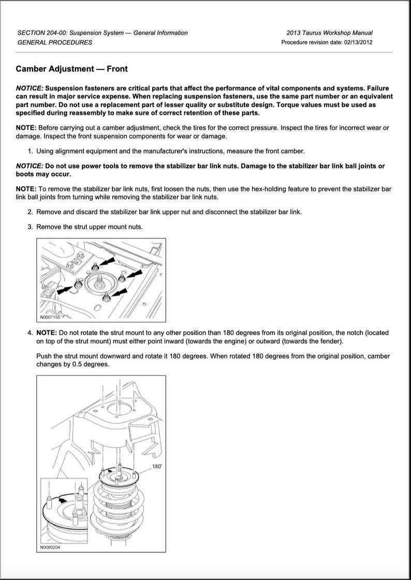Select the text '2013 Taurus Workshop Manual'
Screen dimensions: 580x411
tap(333, 33)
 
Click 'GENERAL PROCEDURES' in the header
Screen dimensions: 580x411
tap(55, 42)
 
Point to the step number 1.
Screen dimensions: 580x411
tap(30, 151)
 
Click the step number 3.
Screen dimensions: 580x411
tap(30, 227)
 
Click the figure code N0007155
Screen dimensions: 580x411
tap(50, 317)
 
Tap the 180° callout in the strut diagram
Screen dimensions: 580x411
tap(157, 467)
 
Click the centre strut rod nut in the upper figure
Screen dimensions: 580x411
tap(99, 282)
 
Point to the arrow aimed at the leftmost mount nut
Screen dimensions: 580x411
tap(66, 289)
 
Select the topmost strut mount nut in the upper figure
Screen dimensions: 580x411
tap(96, 266)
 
